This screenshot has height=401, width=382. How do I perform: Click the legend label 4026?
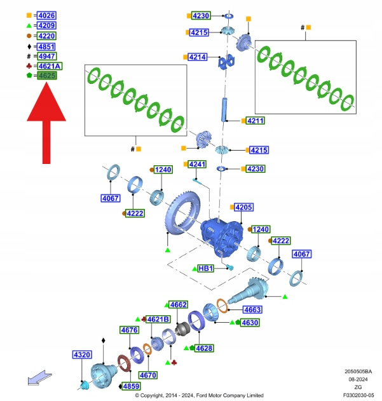click(46, 15)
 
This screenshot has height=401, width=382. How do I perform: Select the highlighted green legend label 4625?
click(46, 76)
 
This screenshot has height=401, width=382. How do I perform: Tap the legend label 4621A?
click(49, 65)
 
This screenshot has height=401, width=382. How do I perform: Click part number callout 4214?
click(198, 57)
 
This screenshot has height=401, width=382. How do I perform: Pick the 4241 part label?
click(197, 165)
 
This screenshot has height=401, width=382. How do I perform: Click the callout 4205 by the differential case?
click(244, 207)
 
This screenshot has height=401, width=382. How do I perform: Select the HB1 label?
click(205, 269)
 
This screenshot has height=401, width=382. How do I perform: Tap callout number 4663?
click(252, 309)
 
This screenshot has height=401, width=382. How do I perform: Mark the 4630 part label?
click(250, 323)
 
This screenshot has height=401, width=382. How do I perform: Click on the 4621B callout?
click(158, 319)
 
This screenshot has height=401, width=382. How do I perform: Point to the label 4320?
click(81, 354)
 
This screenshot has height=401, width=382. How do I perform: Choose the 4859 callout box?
click(132, 386)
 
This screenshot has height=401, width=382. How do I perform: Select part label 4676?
click(129, 330)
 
